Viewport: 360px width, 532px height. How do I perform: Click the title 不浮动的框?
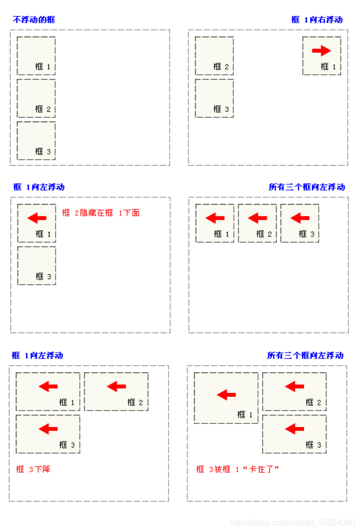[x=34, y=20]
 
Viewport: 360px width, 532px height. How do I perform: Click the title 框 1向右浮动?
[x=317, y=20]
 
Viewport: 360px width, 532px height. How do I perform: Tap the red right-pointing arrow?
[x=321, y=50]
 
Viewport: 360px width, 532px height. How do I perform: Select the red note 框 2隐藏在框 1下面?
[x=101, y=213]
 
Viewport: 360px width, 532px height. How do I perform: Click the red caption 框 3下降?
[x=33, y=469]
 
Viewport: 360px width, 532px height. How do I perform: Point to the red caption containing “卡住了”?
[x=237, y=469]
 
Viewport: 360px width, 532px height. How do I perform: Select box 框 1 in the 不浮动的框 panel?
[x=36, y=56]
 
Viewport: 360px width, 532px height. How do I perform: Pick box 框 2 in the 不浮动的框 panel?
[x=36, y=98]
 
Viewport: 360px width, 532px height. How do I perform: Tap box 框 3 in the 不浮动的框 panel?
[x=36, y=141]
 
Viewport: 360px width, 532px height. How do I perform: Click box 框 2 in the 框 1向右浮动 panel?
[x=214, y=56]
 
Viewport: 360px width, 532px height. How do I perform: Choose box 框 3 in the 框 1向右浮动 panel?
[x=214, y=98]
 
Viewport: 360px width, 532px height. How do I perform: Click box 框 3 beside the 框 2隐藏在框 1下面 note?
[x=37, y=266]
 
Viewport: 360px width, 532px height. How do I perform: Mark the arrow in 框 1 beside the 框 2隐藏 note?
[x=37, y=218]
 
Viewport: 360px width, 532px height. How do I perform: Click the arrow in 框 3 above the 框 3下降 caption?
[x=48, y=428]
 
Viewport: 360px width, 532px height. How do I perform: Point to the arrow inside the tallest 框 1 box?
[x=226, y=395]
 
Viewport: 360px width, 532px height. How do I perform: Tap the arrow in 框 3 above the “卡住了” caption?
[x=295, y=428]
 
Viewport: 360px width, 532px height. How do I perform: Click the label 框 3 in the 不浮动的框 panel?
[x=43, y=151]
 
